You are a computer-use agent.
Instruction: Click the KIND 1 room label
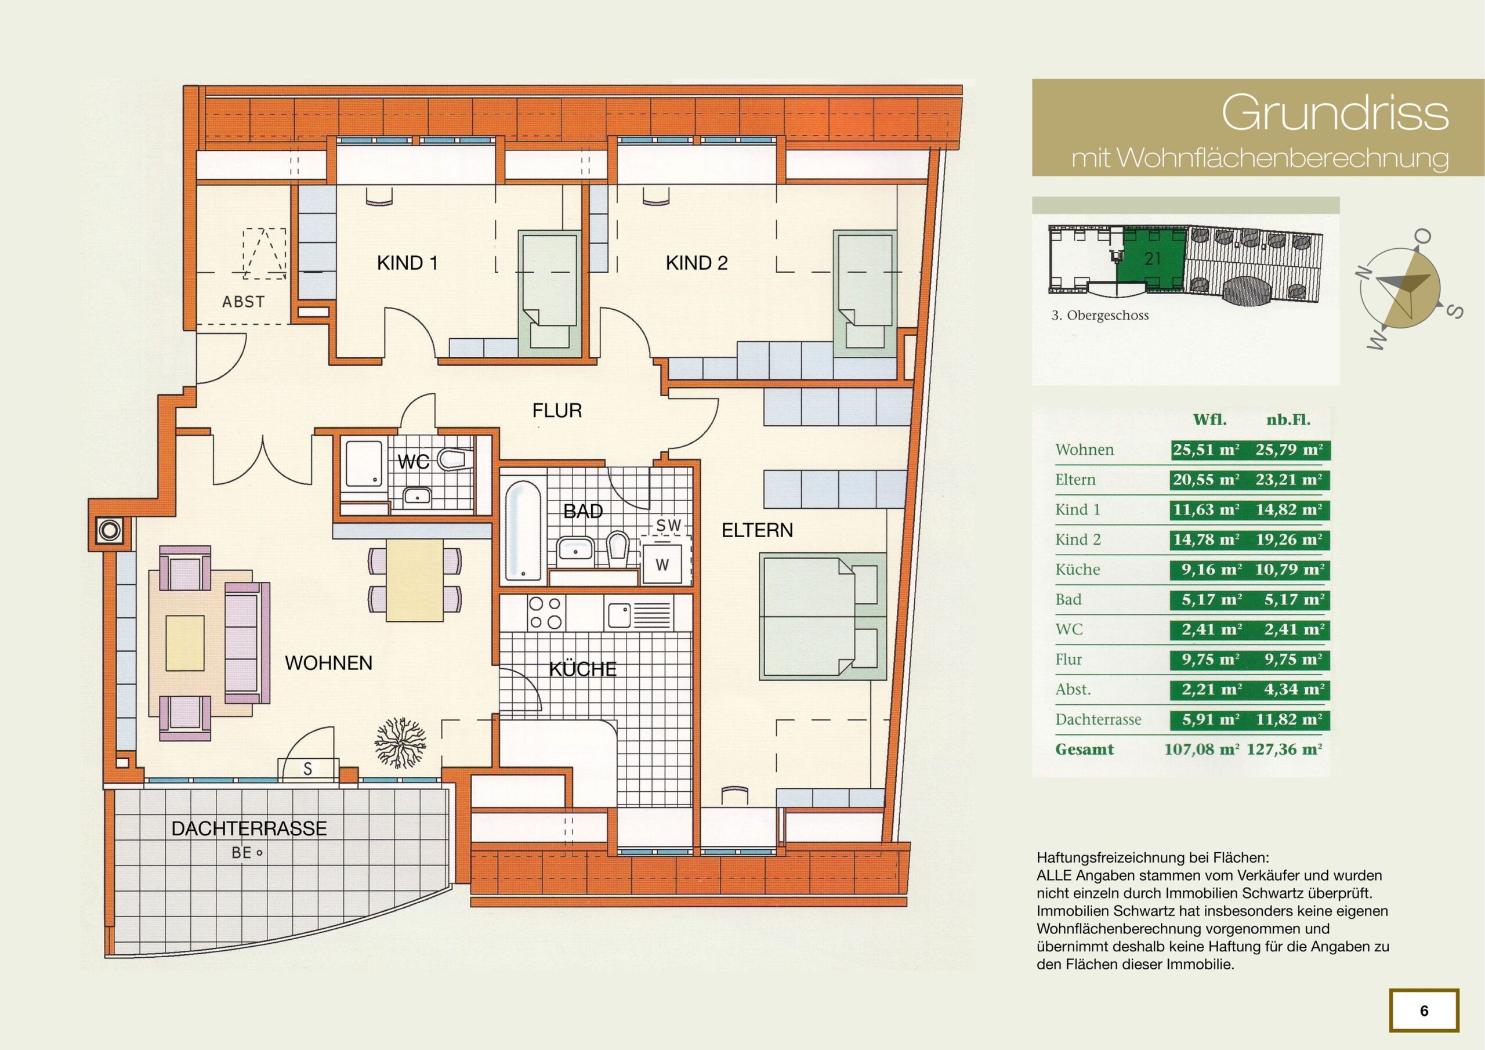click(407, 263)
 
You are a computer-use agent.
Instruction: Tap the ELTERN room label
click(757, 530)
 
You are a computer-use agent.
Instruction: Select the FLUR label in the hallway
click(557, 410)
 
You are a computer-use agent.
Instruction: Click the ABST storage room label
click(243, 302)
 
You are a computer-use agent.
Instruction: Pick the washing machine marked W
click(661, 563)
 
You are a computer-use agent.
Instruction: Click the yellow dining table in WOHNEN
click(415, 580)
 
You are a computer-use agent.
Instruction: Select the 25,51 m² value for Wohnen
click(1205, 450)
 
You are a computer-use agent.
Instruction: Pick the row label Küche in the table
click(1078, 569)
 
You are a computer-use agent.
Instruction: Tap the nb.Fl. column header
click(1288, 420)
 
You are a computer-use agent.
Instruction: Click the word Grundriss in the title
click(1335, 113)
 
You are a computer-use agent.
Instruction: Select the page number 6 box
click(1424, 1011)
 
